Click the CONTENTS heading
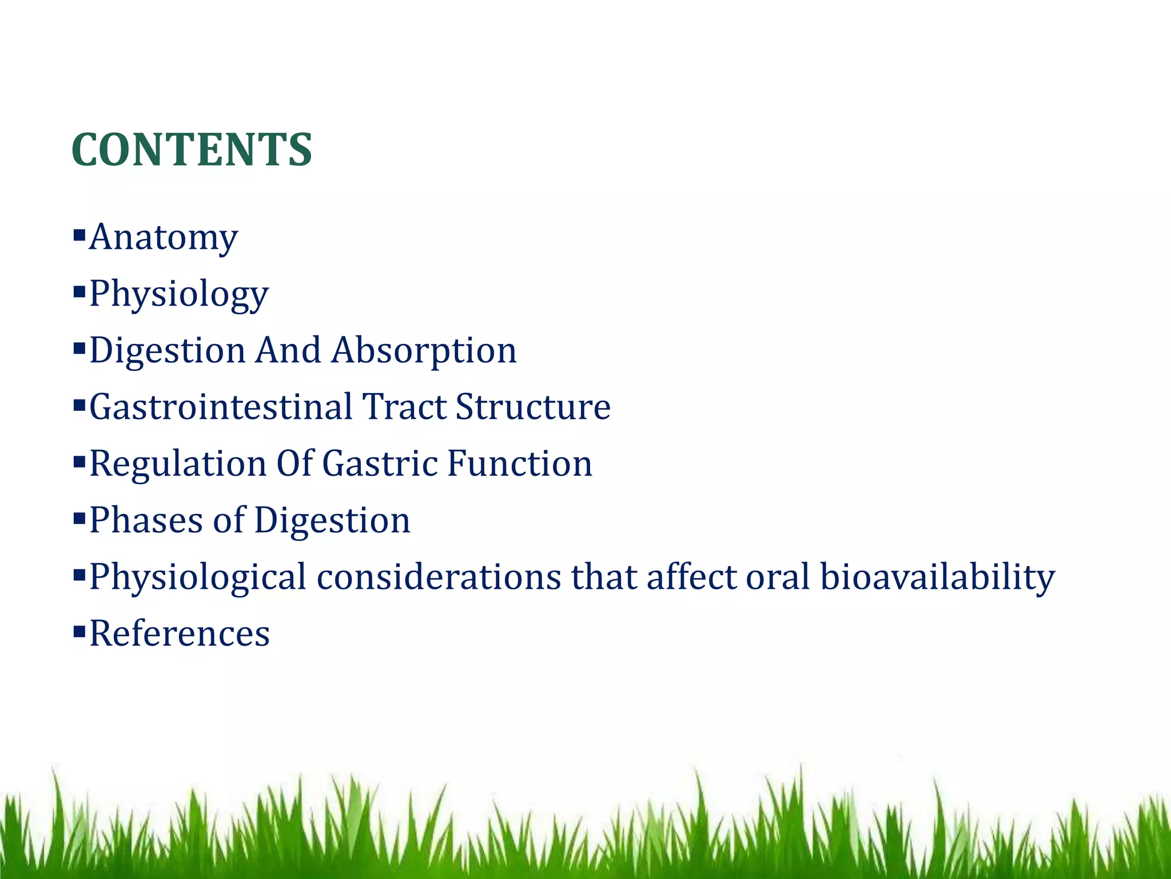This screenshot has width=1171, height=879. tap(192, 150)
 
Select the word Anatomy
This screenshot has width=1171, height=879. tap(164, 237)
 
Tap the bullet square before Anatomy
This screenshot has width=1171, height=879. tap(79, 234)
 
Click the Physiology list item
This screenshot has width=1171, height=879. tap(179, 294)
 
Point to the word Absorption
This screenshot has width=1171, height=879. tap(424, 350)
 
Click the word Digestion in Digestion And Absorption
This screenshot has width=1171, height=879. tap(167, 350)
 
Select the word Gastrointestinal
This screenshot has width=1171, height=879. tap(221, 407)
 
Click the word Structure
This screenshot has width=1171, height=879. tap(533, 407)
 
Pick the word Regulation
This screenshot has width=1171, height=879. tap(178, 464)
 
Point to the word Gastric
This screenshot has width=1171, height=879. tap(379, 464)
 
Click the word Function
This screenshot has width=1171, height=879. tap(519, 464)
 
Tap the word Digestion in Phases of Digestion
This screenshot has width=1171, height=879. tap(332, 520)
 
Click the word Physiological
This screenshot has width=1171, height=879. tap(198, 577)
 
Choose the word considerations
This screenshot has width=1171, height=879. tap(439, 577)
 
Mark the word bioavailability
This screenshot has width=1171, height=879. tap(937, 577)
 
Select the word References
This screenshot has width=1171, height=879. tap(180, 633)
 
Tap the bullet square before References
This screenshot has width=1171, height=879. tap(79, 631)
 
